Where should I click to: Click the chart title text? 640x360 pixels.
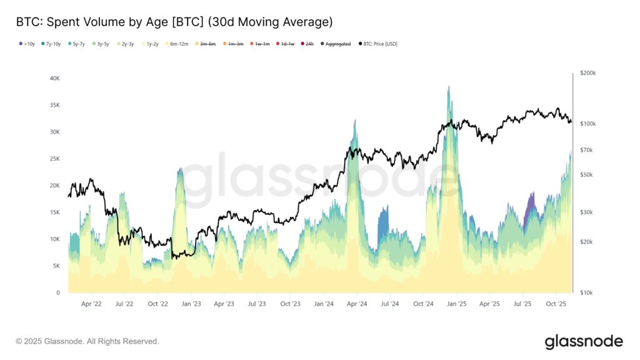(x=174, y=22)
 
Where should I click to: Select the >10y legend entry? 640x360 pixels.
(x=27, y=44)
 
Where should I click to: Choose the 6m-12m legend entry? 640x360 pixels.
(x=179, y=44)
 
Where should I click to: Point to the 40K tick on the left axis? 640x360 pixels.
(x=54, y=79)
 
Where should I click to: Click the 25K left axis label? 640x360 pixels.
(x=54, y=159)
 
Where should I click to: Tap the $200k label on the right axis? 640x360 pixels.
(x=588, y=73)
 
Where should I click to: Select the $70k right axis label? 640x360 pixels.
(x=587, y=150)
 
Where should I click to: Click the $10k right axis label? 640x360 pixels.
(x=587, y=292)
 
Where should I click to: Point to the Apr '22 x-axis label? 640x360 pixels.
(x=91, y=304)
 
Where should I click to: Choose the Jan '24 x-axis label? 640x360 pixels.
(x=324, y=304)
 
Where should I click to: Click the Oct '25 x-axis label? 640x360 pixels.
(x=556, y=304)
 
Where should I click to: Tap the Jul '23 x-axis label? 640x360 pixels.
(x=257, y=304)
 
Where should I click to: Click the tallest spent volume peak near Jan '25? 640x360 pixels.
(x=449, y=87)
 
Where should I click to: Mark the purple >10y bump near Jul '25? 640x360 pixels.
(x=531, y=203)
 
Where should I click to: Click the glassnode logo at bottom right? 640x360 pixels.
(x=583, y=341)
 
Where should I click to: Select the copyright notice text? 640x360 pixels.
(x=87, y=341)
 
